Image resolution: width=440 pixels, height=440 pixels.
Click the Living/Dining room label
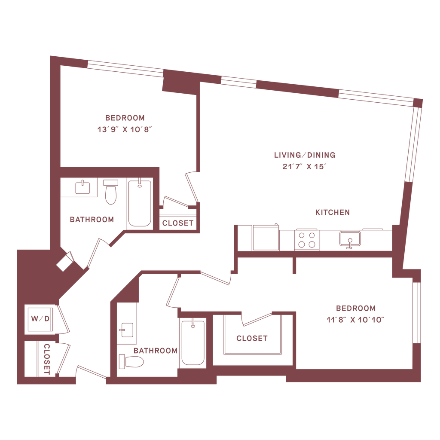305,155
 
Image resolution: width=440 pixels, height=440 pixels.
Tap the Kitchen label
333,212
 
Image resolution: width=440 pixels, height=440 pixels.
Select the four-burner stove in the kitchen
307,239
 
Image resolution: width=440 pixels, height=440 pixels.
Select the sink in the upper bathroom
82,187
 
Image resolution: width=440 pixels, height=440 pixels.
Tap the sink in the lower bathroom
126,329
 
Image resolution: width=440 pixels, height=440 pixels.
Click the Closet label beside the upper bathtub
178,223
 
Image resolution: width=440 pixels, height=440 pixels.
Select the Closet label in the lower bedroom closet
252,338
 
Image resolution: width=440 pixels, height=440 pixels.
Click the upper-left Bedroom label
125,117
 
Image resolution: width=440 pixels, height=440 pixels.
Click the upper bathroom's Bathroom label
92,220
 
